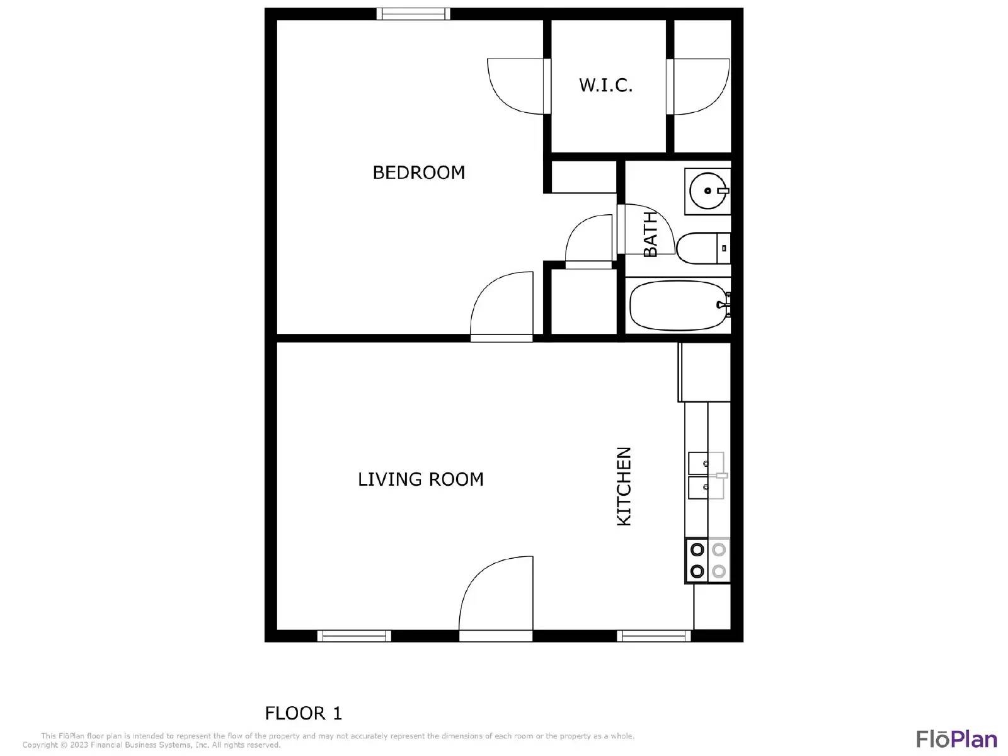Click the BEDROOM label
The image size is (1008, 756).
[418, 172]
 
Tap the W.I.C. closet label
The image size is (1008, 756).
[605, 85]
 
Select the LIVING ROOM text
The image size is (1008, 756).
[420, 479]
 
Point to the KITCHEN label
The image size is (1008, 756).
[624, 486]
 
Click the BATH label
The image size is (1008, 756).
[650, 234]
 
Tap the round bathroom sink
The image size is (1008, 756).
[707, 190]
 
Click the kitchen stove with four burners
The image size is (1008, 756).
[707, 560]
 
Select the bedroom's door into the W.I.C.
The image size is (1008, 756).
[515, 86]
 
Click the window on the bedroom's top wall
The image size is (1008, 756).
[413, 14]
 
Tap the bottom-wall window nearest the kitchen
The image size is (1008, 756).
[653, 636]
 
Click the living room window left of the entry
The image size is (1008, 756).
[353, 636]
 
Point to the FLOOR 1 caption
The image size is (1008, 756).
[303, 713]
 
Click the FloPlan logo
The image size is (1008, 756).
[956, 739]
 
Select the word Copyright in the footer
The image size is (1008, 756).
[40, 745]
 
